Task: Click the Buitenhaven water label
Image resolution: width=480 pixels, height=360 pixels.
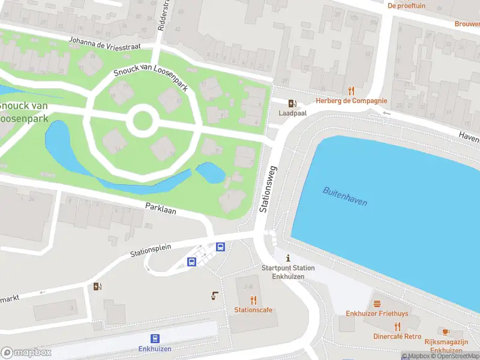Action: [x=344, y=196]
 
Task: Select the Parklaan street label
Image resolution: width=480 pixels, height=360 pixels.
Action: [x=161, y=209]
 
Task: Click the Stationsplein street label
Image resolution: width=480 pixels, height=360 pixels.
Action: [x=151, y=250]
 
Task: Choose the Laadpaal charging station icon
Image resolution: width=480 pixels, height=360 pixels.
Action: [x=292, y=103]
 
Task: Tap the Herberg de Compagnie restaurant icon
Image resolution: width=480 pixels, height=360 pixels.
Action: [x=352, y=91]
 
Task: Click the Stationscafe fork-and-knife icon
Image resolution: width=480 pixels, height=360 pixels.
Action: [x=253, y=300]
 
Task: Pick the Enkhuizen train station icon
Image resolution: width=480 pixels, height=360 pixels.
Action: [x=155, y=338]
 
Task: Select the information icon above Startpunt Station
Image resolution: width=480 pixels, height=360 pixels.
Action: [x=287, y=257]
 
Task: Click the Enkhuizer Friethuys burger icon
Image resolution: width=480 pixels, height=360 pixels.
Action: [x=377, y=304]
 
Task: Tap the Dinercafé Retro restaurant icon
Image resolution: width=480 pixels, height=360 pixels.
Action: [x=397, y=326]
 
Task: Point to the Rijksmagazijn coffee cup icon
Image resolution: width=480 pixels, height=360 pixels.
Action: [x=446, y=332]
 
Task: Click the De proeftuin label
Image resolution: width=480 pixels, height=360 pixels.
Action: [x=407, y=5]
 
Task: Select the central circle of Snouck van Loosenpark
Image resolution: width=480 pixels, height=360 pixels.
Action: [x=142, y=120]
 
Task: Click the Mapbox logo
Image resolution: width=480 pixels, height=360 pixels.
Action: [x=26, y=353]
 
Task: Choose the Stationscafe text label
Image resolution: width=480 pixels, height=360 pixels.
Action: [x=253, y=310]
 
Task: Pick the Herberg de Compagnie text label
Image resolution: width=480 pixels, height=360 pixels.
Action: [x=352, y=101]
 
